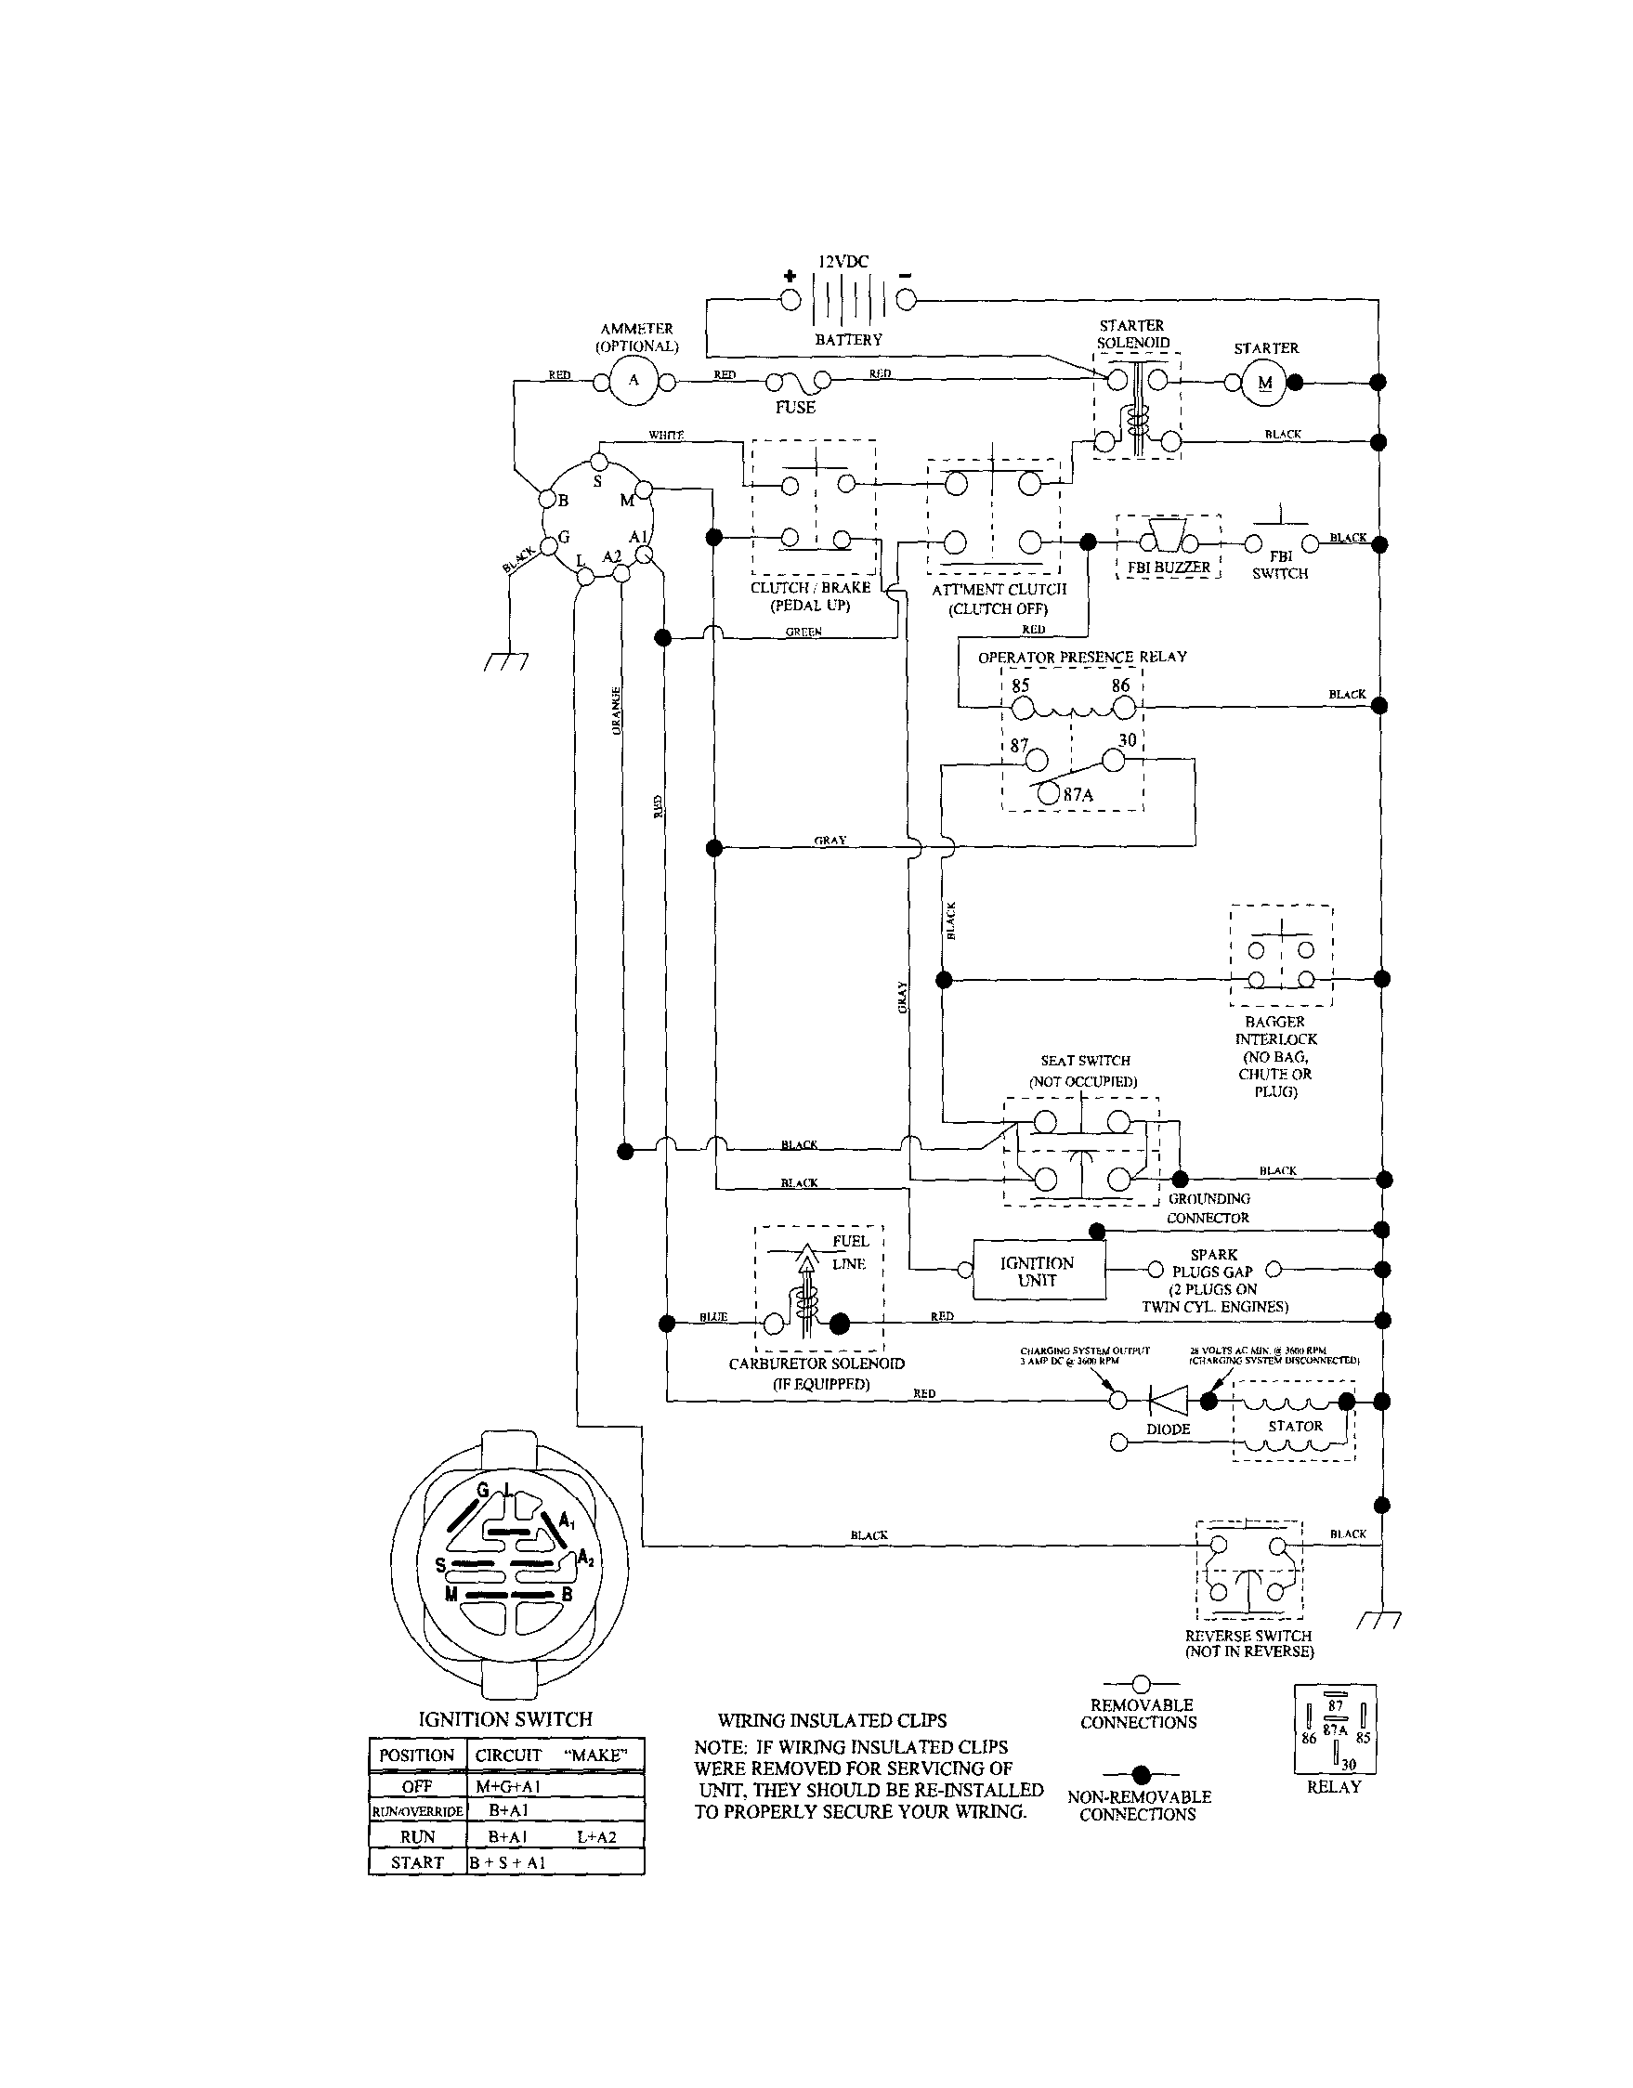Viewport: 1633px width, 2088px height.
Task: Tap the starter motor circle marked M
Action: coord(1265,384)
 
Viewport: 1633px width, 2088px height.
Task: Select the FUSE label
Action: coord(794,407)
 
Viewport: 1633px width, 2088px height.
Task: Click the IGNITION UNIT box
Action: coord(1039,1271)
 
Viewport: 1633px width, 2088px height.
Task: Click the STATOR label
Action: coord(1295,1426)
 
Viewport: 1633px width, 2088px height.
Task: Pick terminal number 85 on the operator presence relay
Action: coord(1020,685)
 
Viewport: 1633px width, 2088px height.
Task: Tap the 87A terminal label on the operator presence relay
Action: coord(1078,794)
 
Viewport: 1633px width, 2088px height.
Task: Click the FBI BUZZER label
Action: coord(1169,567)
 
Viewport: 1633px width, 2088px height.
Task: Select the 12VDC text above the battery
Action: coord(843,261)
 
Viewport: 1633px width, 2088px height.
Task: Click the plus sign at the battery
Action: coord(790,276)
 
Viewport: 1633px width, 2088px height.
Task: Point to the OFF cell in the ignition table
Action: coord(417,1786)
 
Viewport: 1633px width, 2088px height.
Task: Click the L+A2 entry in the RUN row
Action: coord(596,1836)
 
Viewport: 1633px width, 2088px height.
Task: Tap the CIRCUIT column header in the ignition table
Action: coord(508,1755)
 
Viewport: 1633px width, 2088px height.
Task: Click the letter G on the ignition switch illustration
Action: coord(483,1491)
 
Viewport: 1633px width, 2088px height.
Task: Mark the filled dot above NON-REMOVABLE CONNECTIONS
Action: coord(1140,1775)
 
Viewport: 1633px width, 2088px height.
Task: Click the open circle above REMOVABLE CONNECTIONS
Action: coord(1140,1684)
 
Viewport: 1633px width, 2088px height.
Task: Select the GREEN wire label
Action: coord(803,632)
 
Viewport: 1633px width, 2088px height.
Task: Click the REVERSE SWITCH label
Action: coord(1248,1636)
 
